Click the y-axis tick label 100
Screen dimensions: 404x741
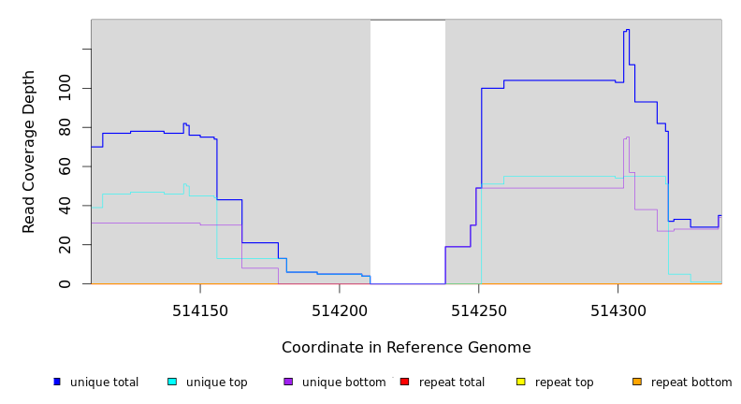coord(65,89)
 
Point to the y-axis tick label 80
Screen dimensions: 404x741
coord(65,127)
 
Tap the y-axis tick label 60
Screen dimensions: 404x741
coord(65,166)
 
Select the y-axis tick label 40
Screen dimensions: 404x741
coord(65,206)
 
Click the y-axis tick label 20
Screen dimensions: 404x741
coord(65,245)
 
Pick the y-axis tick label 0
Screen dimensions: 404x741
coord(65,283)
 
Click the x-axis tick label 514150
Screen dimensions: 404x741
coord(200,310)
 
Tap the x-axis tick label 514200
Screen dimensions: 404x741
coord(339,310)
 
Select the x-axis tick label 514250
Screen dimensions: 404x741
coord(478,310)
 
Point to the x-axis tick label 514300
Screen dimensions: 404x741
coord(617,310)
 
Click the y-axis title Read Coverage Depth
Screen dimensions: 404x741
coord(30,151)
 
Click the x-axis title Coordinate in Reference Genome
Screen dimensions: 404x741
coord(406,348)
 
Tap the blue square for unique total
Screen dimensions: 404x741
coord(57,382)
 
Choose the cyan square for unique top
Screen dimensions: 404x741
coord(172,382)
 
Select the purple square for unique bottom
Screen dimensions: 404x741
coord(288,382)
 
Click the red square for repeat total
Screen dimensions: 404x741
coord(404,382)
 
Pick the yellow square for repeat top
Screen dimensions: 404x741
coord(520,382)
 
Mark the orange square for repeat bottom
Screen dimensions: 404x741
coord(637,382)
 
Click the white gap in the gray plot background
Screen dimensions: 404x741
coord(408,150)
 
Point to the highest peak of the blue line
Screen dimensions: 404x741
coord(626,30)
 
